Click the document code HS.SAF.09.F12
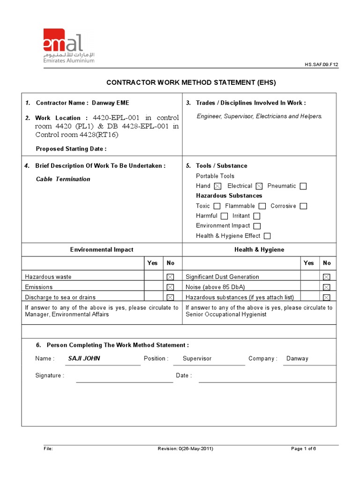point(321,65)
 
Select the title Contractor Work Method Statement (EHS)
point(191,82)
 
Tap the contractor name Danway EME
point(110,103)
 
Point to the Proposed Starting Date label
point(71,149)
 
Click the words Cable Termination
point(63,179)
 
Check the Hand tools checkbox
point(217,186)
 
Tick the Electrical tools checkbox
point(259,186)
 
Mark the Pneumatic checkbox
point(303,186)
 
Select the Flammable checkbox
point(262,206)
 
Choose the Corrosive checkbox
point(303,206)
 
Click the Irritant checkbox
point(256,216)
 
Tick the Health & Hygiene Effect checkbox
point(267,236)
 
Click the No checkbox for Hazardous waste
point(170,277)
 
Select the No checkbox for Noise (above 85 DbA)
point(327,287)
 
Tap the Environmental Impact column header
point(102,250)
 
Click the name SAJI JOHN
point(84,359)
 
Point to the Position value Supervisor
point(197,359)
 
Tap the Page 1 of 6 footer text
point(303,449)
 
